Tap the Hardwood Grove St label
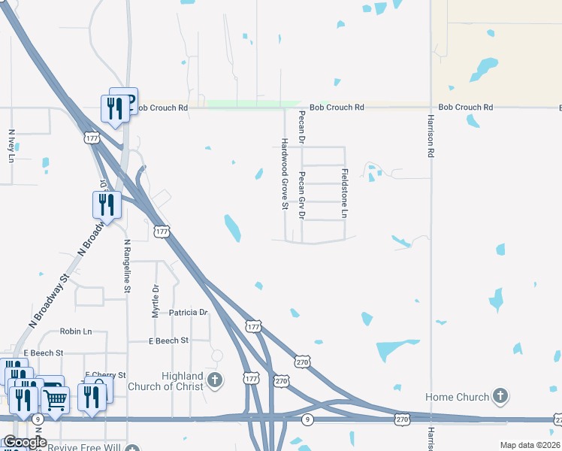[285, 174]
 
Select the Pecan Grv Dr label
[302, 195]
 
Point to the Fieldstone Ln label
[345, 194]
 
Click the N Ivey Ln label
[11, 146]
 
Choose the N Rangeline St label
[128, 266]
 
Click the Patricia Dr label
[188, 312]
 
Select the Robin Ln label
[75, 331]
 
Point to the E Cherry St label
[105, 374]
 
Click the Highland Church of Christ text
[183, 381]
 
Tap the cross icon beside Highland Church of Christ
[216, 380]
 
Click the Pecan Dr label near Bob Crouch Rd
[302, 126]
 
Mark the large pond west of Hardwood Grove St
[232, 228]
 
